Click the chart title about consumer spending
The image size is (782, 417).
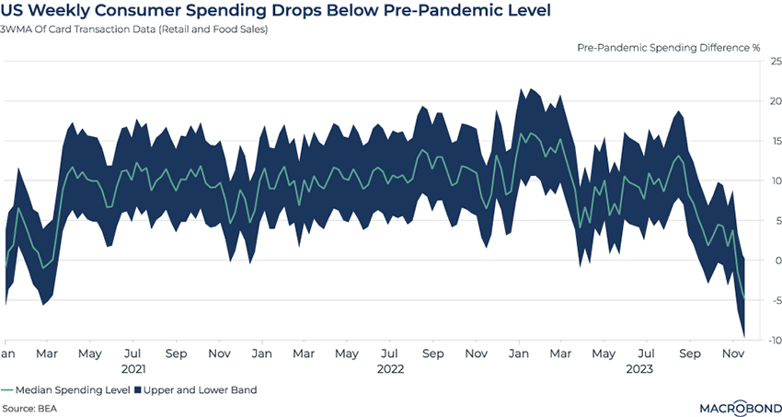277,11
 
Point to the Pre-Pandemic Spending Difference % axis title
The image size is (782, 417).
669,46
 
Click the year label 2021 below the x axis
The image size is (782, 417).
133,369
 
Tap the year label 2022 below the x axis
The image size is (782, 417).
391,369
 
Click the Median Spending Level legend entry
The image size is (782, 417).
60,389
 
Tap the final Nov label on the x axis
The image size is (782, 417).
732,353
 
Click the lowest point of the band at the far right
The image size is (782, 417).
743,338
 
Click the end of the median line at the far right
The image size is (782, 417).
743,297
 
